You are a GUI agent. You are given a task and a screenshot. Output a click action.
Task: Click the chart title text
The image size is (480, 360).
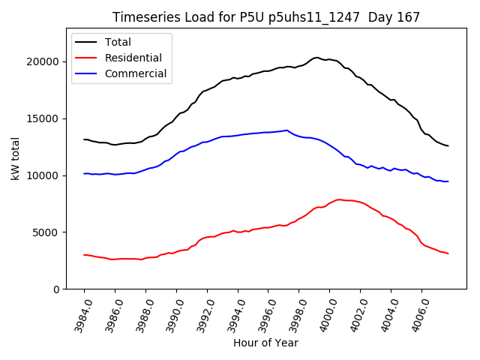[x=265, y=16]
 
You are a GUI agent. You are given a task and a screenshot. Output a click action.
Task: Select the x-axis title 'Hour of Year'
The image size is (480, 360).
[x=265, y=343]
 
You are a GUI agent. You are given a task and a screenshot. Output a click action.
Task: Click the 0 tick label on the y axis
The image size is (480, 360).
[x=57, y=289]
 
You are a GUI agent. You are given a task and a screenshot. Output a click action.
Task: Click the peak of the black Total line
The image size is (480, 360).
[x=316, y=57]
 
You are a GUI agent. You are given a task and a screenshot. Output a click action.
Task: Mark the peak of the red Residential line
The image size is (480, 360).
[x=339, y=199]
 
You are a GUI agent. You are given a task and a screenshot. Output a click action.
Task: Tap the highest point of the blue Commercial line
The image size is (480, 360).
[x=286, y=130]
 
